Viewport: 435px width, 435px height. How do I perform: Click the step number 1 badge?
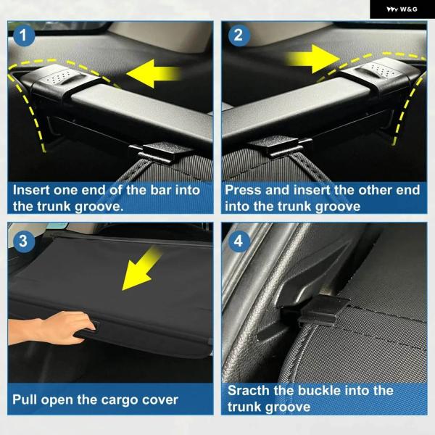[23, 36]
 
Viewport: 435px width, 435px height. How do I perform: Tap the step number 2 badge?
[239, 36]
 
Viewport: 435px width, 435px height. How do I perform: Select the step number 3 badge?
[23, 241]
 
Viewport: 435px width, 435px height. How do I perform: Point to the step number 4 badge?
[239, 241]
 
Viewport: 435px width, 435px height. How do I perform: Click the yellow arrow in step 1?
[153, 74]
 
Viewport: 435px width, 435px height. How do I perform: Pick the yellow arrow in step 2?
[313, 59]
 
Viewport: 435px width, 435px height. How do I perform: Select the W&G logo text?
[402, 9]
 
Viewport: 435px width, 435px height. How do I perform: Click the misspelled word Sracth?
[249, 391]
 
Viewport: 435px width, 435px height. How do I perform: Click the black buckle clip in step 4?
[316, 310]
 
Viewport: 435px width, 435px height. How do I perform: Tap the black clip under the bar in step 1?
[160, 152]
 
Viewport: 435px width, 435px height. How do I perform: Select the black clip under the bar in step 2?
[280, 146]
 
